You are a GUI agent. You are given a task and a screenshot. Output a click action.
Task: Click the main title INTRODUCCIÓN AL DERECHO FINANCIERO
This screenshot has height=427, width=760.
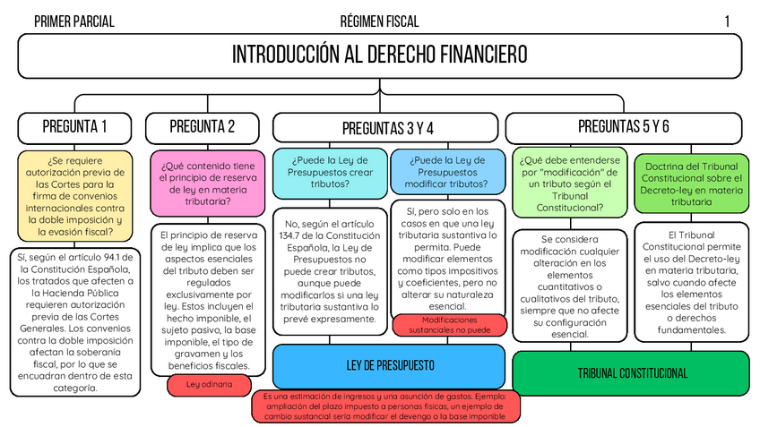pos(379,56)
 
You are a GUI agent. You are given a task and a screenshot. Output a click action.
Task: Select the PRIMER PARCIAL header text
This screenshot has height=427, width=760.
pos(73,21)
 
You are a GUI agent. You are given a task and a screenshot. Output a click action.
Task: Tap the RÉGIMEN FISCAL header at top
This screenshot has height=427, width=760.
pos(379,21)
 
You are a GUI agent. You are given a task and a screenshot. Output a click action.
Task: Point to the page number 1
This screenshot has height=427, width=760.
pos(727,21)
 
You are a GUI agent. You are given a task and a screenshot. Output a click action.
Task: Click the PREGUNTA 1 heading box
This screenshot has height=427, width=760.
pos(74,126)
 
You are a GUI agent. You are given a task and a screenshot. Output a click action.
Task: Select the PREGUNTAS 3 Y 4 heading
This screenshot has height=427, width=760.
pos(387,127)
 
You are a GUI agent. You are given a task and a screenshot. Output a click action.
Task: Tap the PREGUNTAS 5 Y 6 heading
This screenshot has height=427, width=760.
pos(623,126)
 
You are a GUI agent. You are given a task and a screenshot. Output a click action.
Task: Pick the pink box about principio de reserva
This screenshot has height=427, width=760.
pos(208,183)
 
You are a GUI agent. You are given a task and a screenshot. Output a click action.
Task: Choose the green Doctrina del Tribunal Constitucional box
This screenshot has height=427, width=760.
pos(691,184)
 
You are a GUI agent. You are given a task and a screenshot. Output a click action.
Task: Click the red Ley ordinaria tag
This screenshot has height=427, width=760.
pos(208,384)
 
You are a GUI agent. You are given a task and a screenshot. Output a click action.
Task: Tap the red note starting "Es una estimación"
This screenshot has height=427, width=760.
pos(386,406)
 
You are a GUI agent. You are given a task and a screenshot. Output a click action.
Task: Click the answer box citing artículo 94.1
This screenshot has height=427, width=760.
pos(74,321)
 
